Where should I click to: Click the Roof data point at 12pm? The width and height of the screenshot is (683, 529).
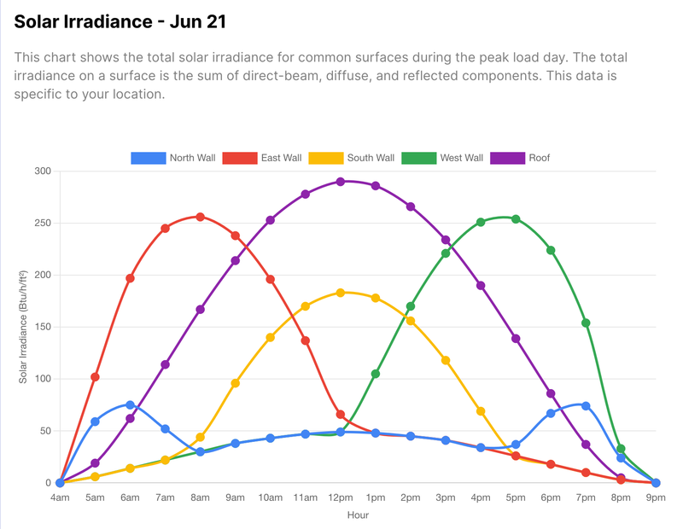pos(340,182)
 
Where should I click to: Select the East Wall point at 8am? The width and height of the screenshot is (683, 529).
pos(200,217)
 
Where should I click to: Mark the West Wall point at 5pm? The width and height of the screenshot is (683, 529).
pos(516,218)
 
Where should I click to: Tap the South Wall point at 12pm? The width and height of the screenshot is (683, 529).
pos(340,293)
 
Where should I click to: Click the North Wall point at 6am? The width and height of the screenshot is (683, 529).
pos(130,404)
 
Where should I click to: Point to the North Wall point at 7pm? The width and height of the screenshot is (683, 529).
pos(586,406)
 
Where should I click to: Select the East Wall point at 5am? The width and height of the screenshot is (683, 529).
pos(95,377)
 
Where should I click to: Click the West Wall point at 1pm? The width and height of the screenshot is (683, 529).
pos(376,374)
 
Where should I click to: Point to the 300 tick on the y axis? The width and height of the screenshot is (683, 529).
pos(42,171)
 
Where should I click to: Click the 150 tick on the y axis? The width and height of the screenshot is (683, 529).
pos(42,327)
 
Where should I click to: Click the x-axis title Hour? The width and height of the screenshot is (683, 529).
pos(358,515)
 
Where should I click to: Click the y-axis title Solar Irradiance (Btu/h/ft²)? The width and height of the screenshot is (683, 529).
pos(23,327)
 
